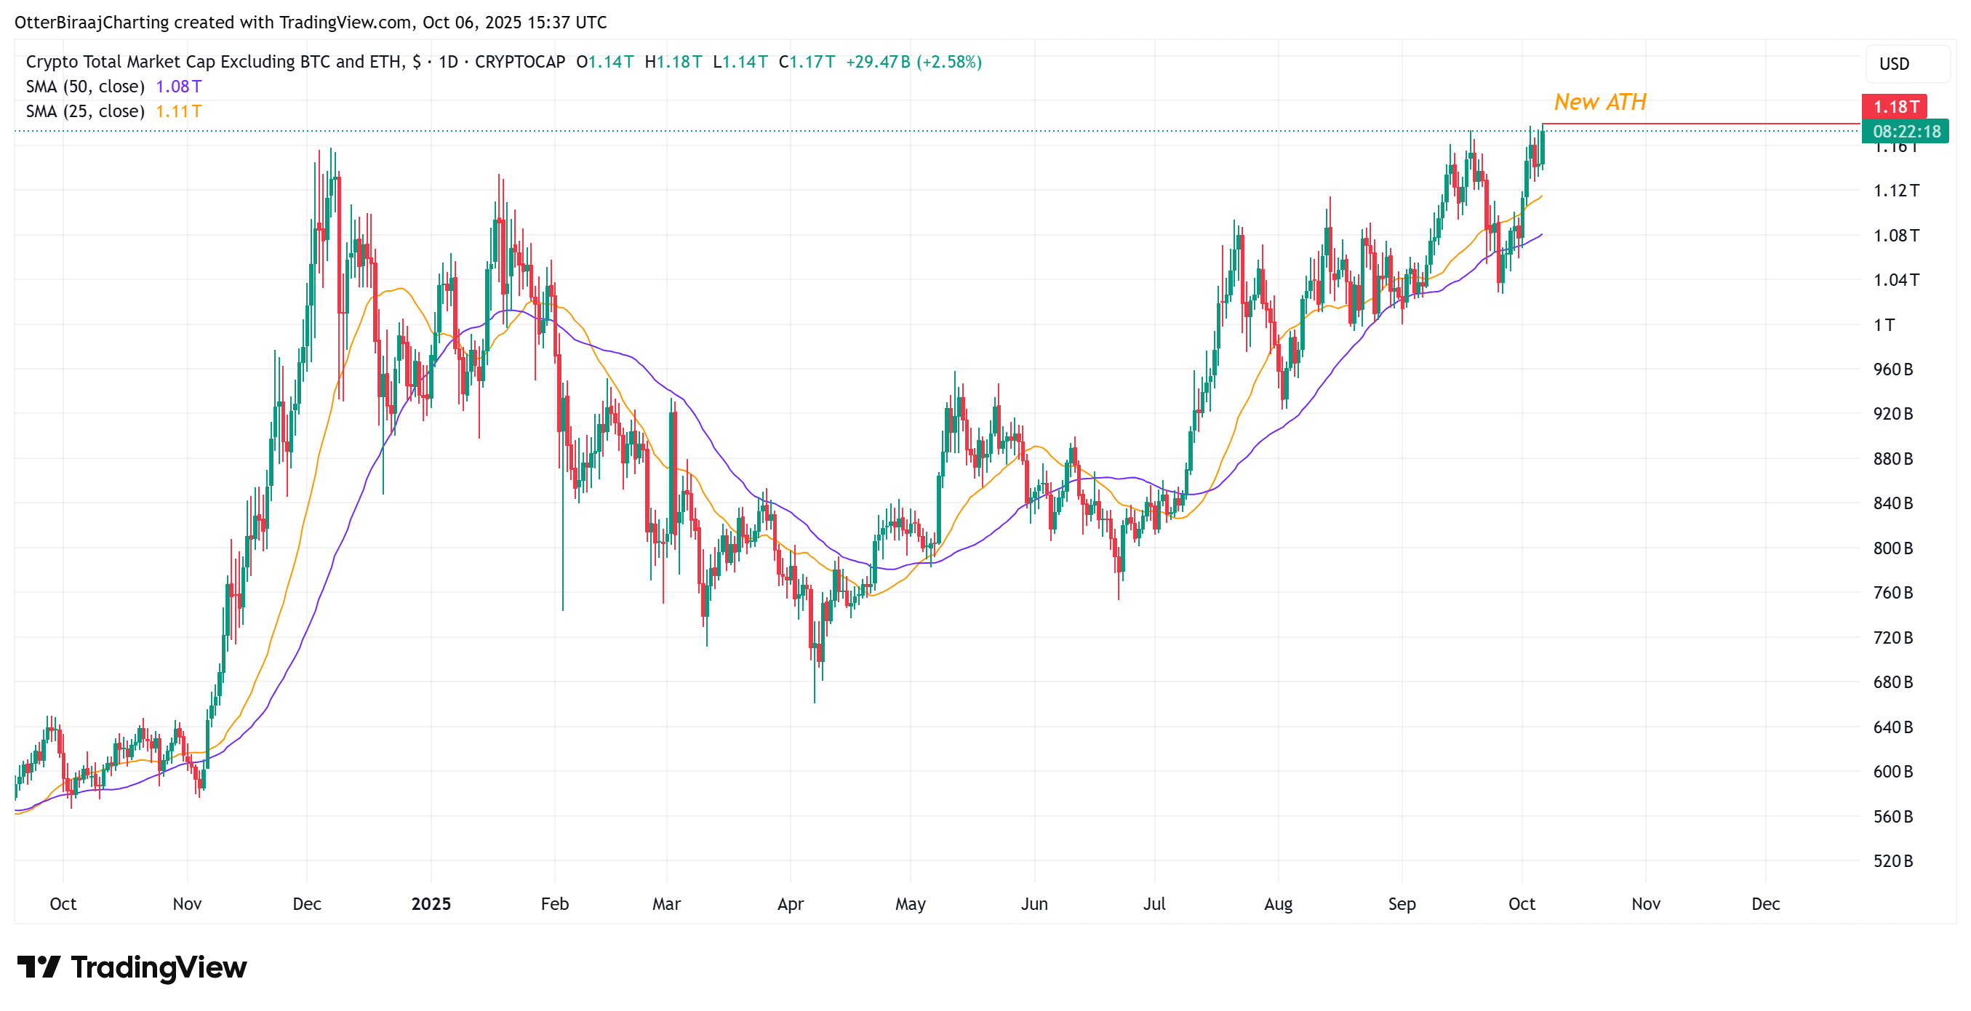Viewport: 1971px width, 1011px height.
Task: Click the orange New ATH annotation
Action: (1600, 102)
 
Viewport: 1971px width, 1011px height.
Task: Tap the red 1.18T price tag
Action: (1895, 106)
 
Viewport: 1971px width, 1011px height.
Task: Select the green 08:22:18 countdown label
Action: (1906, 132)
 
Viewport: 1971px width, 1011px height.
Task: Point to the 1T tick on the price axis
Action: (1884, 324)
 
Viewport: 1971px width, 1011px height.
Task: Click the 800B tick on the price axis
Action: (1892, 548)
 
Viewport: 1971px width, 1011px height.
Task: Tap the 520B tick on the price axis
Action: (1892, 861)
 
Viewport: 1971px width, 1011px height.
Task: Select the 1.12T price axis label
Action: (1895, 190)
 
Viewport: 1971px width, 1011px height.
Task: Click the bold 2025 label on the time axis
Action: (431, 904)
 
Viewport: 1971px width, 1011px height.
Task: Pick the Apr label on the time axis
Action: (791, 904)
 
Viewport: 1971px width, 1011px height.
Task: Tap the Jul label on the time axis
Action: (1154, 904)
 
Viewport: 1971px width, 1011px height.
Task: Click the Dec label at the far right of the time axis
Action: (1765, 904)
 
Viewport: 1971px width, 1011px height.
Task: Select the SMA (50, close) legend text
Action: (85, 87)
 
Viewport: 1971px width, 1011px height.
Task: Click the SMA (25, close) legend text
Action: (85, 111)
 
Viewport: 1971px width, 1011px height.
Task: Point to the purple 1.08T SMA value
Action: (178, 87)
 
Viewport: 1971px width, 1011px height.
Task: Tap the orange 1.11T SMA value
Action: (178, 111)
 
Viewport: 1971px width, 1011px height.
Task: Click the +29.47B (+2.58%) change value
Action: (913, 61)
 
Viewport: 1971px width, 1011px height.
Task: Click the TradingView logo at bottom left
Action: (132, 967)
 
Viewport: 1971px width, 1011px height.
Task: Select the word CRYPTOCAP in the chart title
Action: (519, 61)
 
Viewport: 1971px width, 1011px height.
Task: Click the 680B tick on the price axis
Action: (1892, 682)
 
